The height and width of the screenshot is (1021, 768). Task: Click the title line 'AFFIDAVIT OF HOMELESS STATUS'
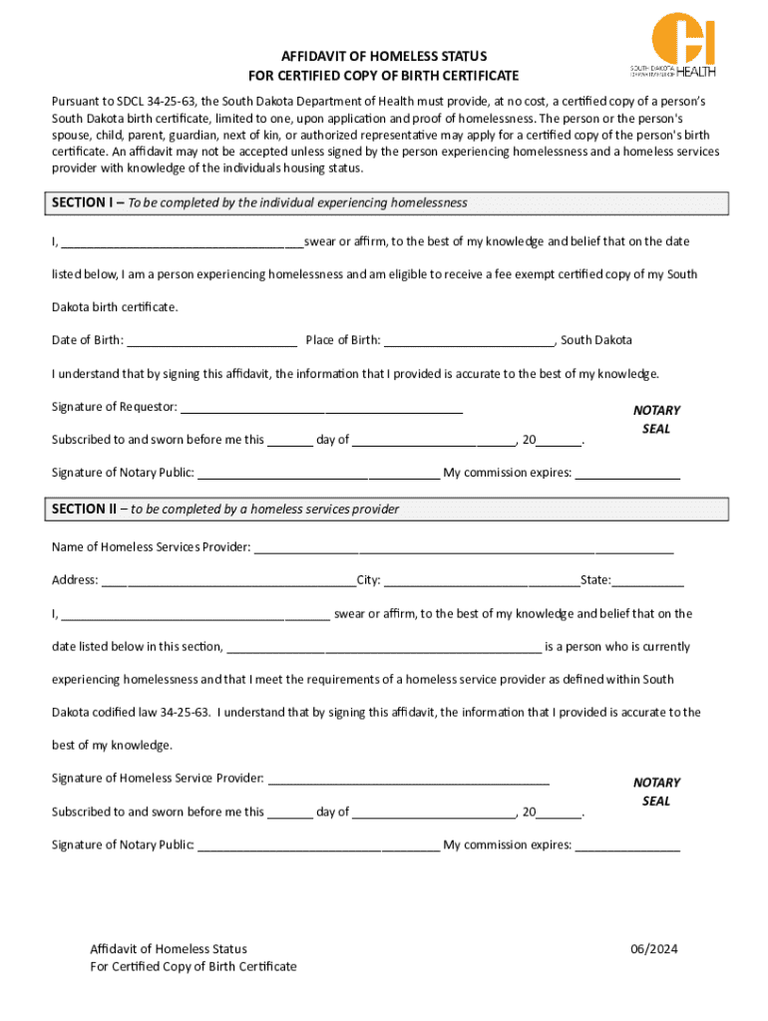[384, 57]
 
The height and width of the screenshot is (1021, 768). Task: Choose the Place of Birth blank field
[469, 341]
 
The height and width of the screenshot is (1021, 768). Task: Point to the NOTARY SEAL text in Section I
[656, 420]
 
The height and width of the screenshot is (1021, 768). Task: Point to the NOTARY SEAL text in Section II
[656, 792]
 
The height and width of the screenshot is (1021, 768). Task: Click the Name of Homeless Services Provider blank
[464, 547]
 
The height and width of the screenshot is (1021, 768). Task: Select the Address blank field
[227, 580]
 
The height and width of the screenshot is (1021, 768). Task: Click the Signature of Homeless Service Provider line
[408, 779]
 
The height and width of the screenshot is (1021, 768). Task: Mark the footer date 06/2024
[653, 949]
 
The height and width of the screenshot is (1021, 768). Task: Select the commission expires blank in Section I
[627, 474]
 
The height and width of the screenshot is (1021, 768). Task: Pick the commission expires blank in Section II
[627, 846]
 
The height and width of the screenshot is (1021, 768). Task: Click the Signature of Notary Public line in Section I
[318, 474]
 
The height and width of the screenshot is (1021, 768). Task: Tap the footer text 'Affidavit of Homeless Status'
[169, 949]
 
